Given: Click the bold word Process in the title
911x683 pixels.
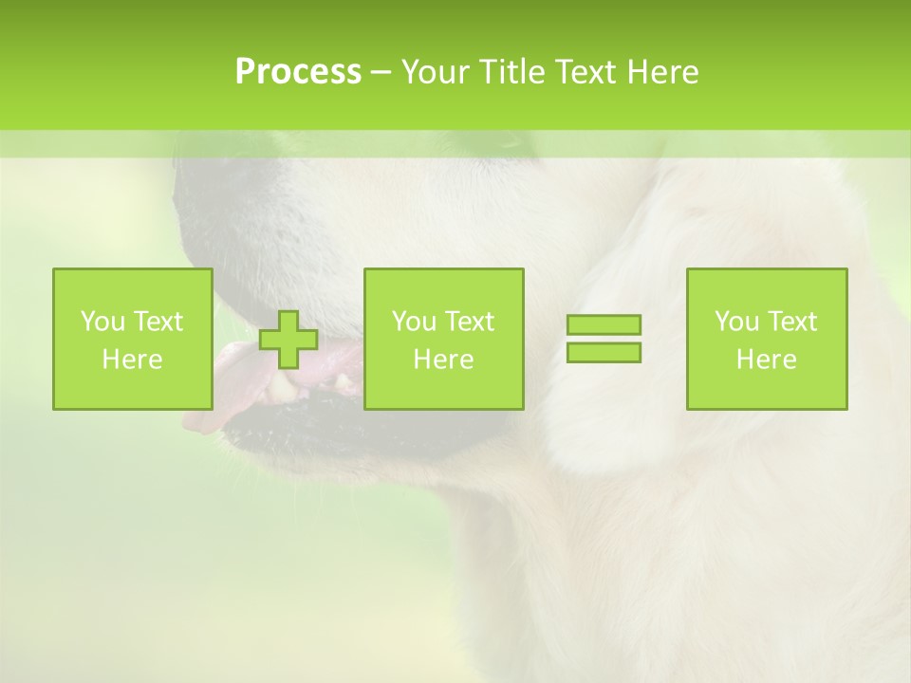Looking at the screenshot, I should pos(298,72).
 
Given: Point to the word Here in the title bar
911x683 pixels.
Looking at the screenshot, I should pos(662,72).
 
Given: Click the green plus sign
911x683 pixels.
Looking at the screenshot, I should pos(288,341).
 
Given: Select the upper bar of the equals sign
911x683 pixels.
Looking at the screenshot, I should pos(604,325).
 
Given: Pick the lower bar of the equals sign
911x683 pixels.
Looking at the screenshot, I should pos(604,352).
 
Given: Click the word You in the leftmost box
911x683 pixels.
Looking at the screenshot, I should pos(101,322).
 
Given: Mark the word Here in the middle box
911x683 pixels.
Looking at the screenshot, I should pos(443,360).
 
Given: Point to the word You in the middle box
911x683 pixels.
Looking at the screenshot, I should pos(413,322).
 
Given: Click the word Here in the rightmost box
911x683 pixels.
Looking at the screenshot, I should pos(766,360).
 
